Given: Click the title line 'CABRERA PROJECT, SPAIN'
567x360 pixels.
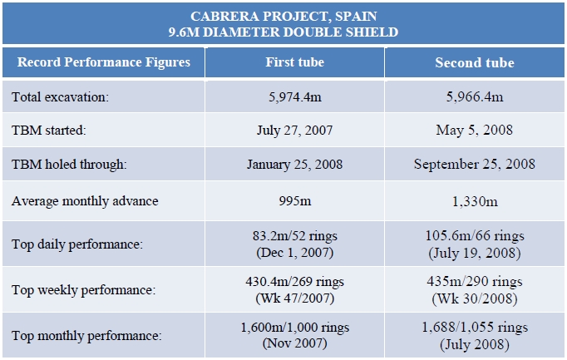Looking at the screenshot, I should click(x=283, y=17).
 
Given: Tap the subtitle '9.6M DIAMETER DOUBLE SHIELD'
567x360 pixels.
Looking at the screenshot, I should click(x=283, y=32).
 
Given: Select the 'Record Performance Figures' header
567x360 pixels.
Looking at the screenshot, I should click(x=104, y=62).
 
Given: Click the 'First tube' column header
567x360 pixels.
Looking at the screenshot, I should click(x=294, y=62).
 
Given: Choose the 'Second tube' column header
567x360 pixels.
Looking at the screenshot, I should click(x=474, y=62).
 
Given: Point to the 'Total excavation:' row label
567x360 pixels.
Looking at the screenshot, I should click(x=61, y=96).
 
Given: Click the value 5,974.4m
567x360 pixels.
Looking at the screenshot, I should click(x=294, y=96).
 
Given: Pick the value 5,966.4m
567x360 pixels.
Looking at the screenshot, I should click(x=474, y=96).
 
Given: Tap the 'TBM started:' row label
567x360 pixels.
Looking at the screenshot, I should click(x=49, y=131).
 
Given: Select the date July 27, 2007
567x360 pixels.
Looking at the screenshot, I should click(x=294, y=131).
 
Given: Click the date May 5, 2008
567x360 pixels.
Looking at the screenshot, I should click(x=474, y=131).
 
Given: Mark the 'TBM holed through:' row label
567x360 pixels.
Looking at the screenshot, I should click(x=69, y=165).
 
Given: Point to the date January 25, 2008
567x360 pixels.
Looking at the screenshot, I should click(x=294, y=165).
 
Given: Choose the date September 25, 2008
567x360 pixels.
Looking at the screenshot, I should click(x=474, y=165).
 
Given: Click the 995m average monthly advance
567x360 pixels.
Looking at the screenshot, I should click(x=294, y=200).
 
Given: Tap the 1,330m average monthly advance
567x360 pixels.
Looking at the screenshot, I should click(x=474, y=200).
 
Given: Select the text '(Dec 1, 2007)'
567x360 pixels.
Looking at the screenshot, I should click(x=294, y=252).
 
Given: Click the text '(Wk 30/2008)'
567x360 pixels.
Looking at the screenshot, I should click(x=474, y=298).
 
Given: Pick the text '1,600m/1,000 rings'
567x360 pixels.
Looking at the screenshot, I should click(x=294, y=328).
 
